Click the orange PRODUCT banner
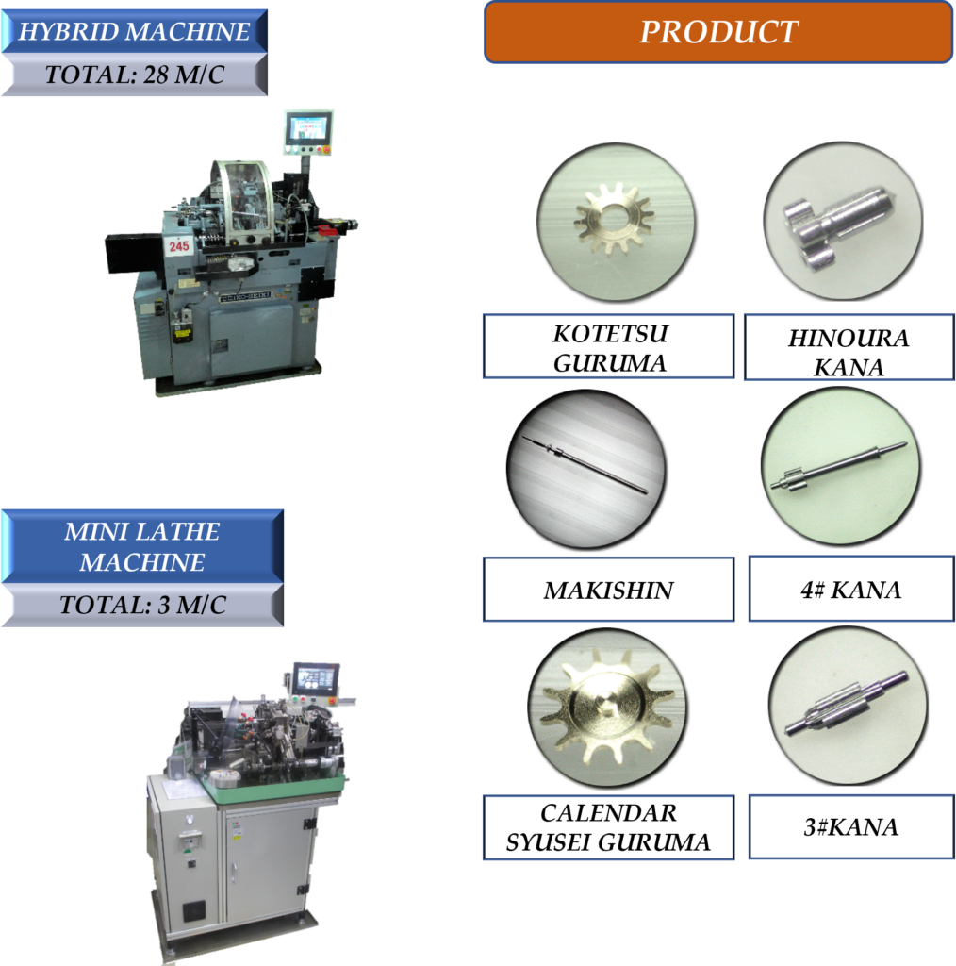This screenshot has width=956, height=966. click(718, 32)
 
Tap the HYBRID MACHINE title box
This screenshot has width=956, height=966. click(134, 31)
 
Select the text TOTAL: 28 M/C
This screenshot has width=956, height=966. click(134, 75)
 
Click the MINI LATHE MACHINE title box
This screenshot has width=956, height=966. click(142, 546)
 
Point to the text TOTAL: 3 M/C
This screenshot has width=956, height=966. click(142, 605)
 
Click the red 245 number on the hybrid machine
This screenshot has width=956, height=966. click(179, 246)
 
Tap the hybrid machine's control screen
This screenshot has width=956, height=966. click(308, 129)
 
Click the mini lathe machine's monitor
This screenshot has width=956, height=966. click(316, 678)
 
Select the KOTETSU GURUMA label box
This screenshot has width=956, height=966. click(609, 346)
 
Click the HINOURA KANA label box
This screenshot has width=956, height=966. click(849, 347)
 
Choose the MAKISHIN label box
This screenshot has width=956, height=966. click(609, 590)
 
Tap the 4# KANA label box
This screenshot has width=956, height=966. click(851, 589)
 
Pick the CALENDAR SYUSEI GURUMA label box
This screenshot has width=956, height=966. click(609, 827)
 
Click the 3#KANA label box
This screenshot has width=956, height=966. click(851, 826)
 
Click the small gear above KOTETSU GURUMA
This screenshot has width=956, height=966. click(614, 218)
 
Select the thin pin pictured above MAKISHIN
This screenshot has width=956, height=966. click(585, 464)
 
